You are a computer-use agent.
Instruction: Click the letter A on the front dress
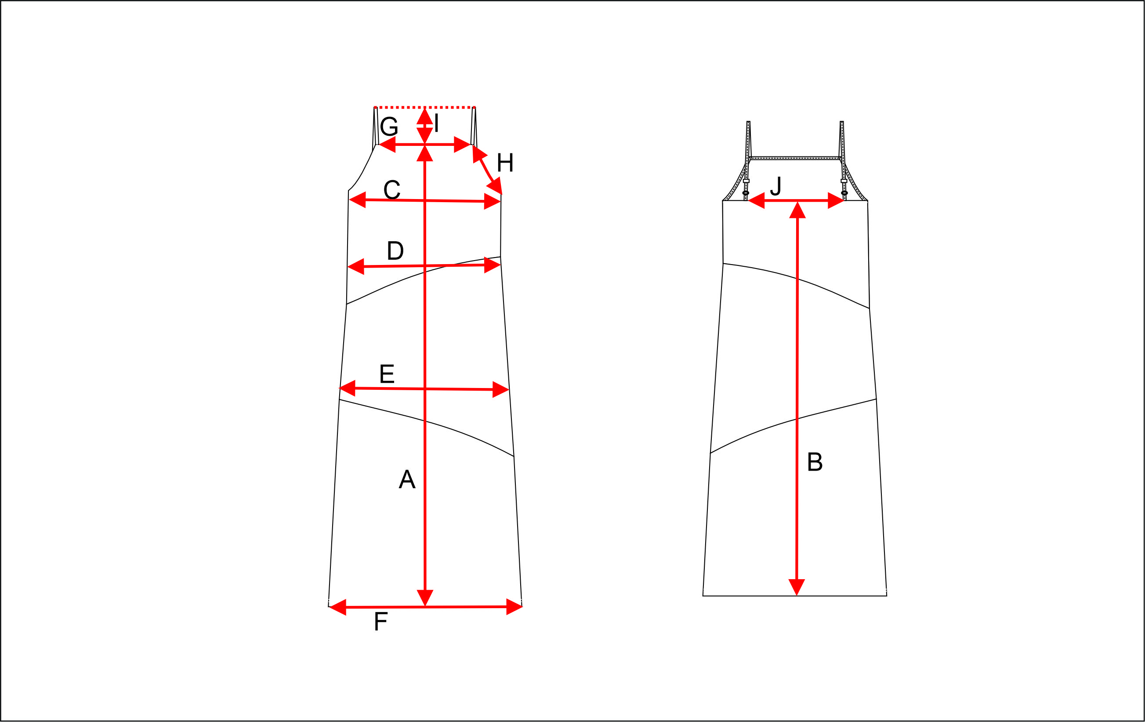coord(407,479)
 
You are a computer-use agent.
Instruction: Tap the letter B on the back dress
coord(815,461)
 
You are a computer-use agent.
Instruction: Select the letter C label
coord(392,190)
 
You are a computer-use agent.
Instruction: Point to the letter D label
coord(395,250)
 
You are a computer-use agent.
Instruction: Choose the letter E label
coord(387,374)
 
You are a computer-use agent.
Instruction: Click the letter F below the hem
coord(381,621)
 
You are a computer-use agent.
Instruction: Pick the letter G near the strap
coord(389,127)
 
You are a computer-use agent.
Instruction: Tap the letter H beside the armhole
coord(505,163)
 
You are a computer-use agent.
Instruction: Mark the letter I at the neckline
coord(436,123)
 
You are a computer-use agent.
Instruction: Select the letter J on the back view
coord(775,186)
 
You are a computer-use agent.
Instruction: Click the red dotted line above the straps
coord(424,108)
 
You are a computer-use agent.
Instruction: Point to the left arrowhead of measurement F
coord(337,607)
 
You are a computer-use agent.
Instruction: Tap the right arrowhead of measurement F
coord(515,607)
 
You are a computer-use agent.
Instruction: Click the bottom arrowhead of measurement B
coord(797,588)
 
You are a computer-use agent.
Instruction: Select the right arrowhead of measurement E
coord(501,389)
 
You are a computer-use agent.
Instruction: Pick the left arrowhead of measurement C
coord(358,200)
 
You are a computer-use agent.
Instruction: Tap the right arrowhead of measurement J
coord(836,201)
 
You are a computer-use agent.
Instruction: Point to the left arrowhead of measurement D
coord(356,267)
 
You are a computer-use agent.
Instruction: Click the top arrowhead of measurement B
coord(797,210)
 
